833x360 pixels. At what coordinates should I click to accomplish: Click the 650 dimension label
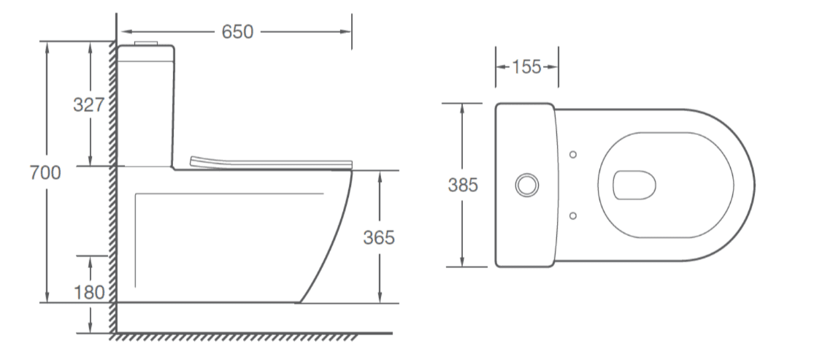point(237,32)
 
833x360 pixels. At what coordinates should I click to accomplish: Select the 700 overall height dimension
point(45,173)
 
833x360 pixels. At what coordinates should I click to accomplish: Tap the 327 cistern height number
point(88,104)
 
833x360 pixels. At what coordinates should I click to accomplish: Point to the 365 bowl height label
point(379,238)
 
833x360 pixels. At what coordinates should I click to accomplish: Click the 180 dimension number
point(88,293)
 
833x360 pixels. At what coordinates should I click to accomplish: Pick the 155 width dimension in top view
point(526,67)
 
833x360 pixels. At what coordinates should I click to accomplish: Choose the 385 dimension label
point(463,185)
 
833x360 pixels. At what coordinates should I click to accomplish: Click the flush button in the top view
point(527,185)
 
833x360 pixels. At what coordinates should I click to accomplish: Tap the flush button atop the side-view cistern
point(147,43)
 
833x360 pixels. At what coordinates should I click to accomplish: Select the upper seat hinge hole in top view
point(572,155)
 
